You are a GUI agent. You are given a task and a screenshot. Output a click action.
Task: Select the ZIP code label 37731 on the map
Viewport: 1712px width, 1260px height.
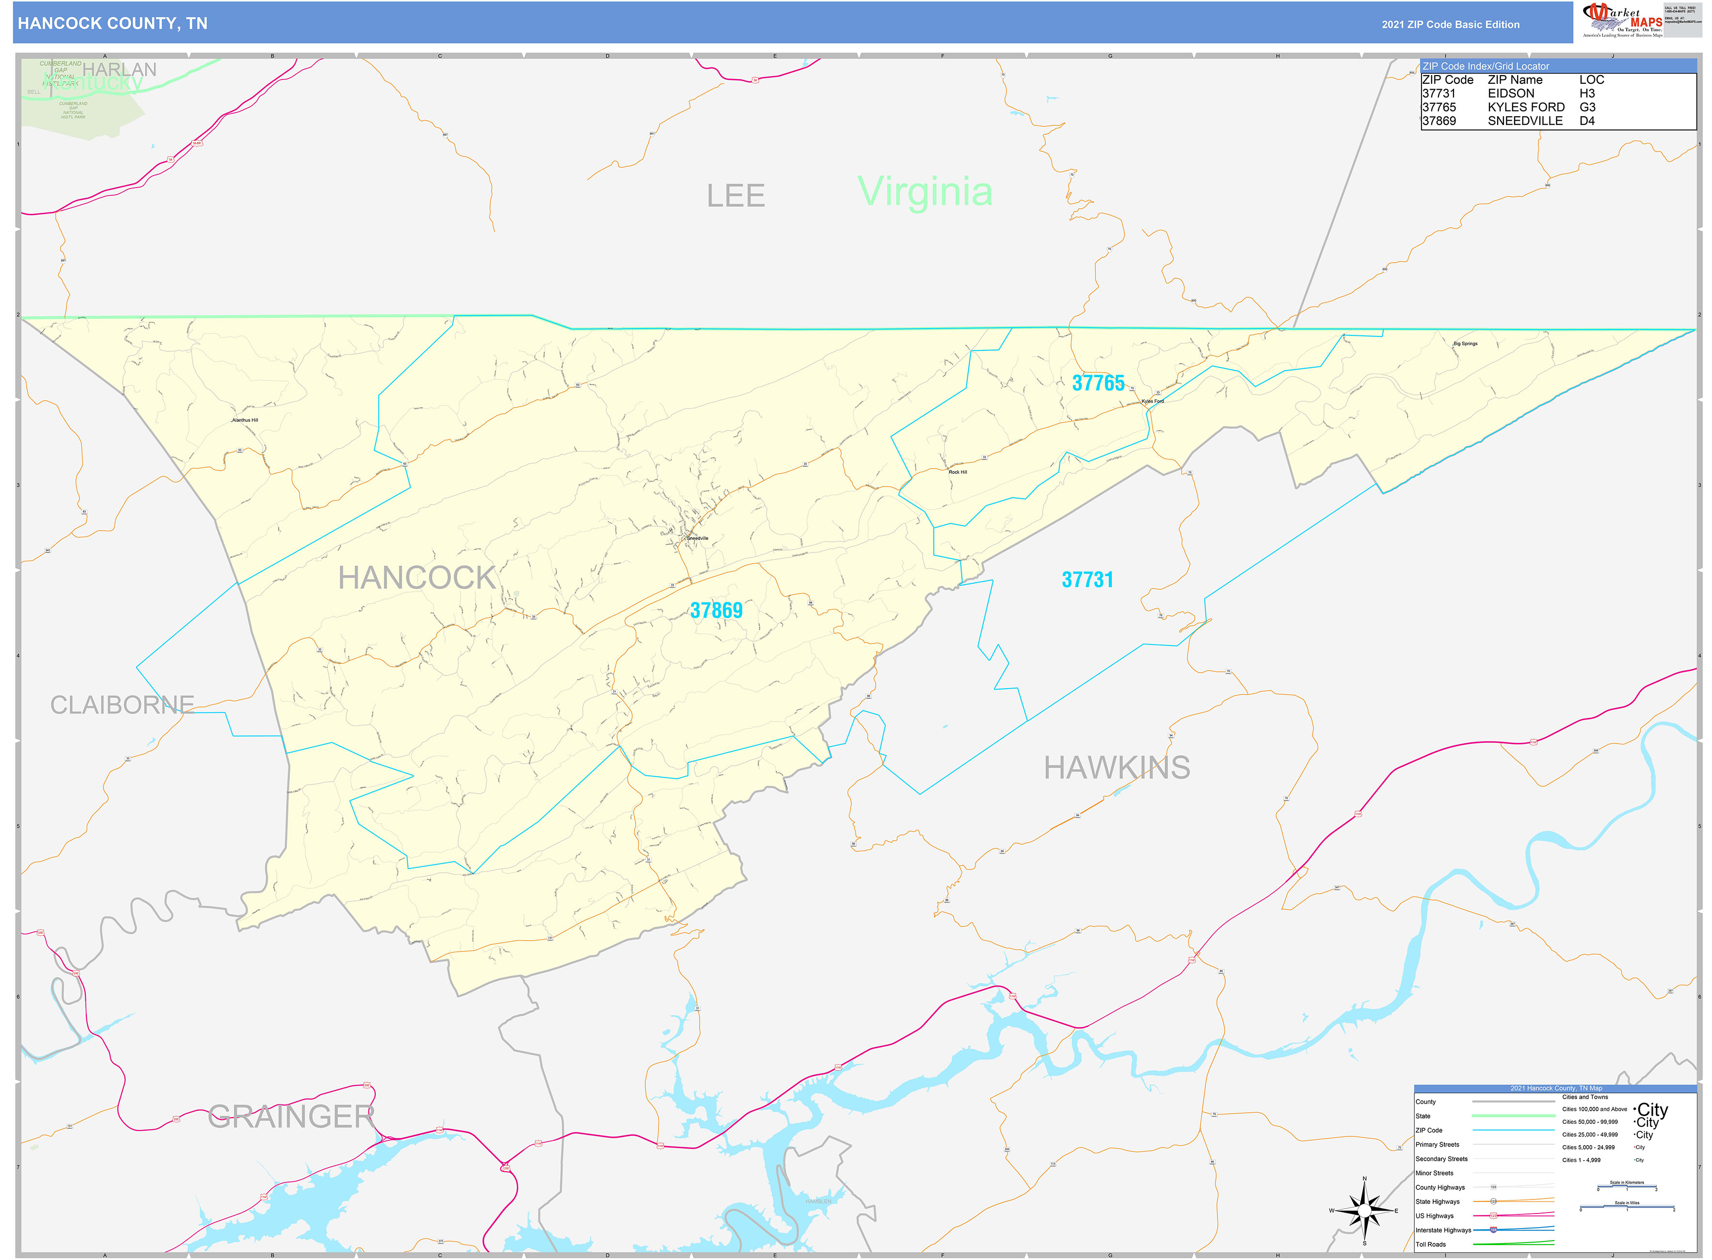pos(1087,580)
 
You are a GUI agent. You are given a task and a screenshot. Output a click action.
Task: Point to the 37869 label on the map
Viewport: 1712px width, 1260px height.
pos(717,610)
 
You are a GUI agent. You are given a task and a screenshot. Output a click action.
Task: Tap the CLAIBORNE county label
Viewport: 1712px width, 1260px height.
pos(122,705)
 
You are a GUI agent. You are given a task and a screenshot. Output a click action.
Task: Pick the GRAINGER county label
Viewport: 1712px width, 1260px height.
pos(291,1117)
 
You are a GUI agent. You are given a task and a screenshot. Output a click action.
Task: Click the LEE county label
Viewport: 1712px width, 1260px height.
pos(736,196)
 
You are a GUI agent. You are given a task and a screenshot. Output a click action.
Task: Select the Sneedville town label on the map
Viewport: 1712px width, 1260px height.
pos(697,538)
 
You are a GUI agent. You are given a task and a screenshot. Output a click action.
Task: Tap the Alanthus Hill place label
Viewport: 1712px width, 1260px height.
pos(245,420)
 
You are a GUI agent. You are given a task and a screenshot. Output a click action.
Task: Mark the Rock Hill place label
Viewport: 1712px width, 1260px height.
pos(958,472)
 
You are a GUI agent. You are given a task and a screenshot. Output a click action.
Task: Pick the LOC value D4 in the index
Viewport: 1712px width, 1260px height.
pos(1587,121)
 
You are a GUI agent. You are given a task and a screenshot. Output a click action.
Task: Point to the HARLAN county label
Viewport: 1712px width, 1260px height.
pos(120,69)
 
